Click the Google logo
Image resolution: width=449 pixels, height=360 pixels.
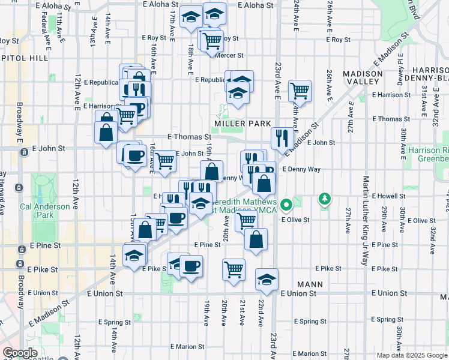(20, 353)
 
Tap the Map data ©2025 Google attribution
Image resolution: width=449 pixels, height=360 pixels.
(412, 355)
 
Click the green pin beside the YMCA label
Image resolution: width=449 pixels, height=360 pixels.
(286, 205)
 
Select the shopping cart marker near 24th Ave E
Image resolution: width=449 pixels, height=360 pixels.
(300, 91)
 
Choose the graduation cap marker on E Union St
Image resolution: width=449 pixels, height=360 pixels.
(267, 280)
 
